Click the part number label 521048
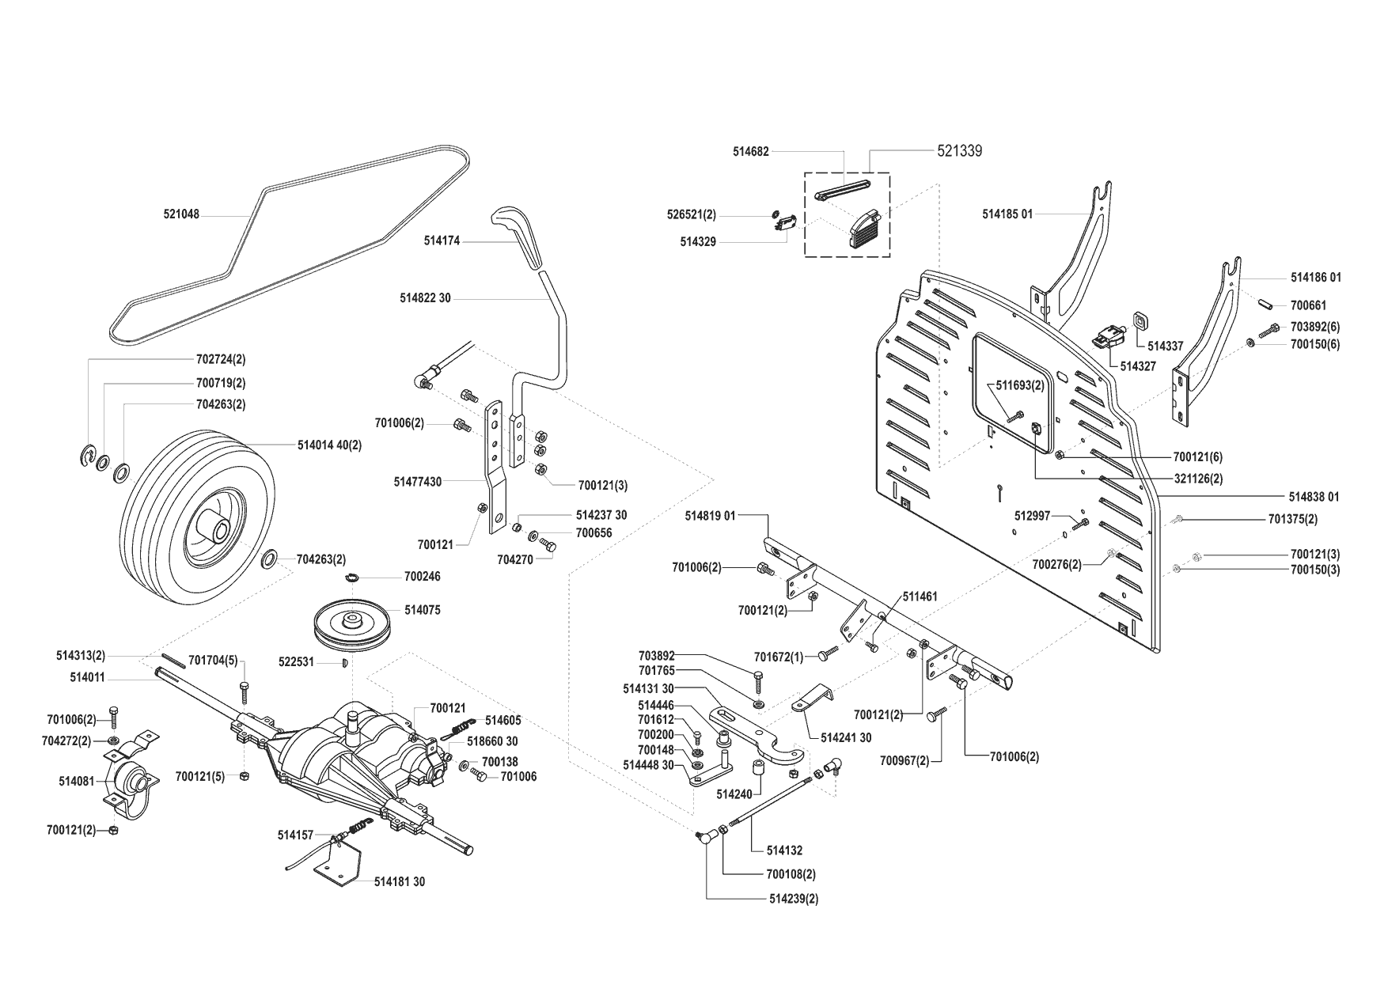tap(181, 214)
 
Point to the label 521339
tap(959, 151)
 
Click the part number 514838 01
tap(1314, 497)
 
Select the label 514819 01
tap(710, 516)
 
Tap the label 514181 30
tap(399, 881)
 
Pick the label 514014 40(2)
tap(329, 445)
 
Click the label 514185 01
tap(1007, 214)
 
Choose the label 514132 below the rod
tap(784, 850)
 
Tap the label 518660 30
tap(491, 741)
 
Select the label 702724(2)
tap(221, 359)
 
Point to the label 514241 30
tap(846, 737)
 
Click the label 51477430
tap(417, 481)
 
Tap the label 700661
tap(1308, 305)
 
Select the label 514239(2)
tap(793, 899)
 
